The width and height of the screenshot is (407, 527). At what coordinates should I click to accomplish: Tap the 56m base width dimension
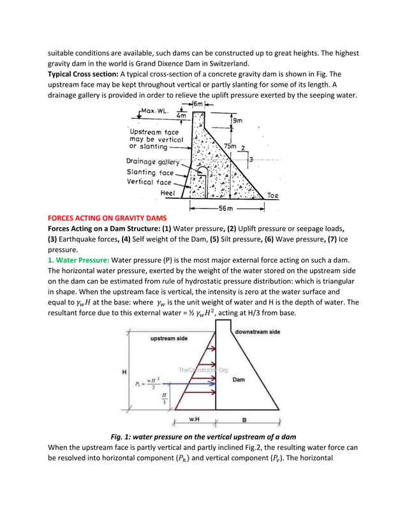tap(227, 208)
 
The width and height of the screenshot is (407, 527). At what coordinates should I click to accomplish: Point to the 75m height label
tap(230, 146)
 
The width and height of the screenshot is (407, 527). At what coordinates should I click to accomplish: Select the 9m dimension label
tap(238, 120)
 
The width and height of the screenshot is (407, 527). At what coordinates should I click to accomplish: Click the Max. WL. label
tap(152, 112)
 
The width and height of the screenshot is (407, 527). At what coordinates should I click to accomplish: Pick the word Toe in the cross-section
tap(272, 195)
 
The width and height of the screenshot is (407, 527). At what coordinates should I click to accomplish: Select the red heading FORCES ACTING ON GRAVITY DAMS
tap(107, 218)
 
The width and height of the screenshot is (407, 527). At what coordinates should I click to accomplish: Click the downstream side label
tap(258, 332)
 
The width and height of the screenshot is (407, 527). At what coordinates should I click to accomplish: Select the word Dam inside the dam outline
tap(238, 379)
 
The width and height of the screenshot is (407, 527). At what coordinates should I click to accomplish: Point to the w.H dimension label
tap(196, 419)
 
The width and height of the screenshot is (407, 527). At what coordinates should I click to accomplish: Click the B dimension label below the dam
tap(244, 419)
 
